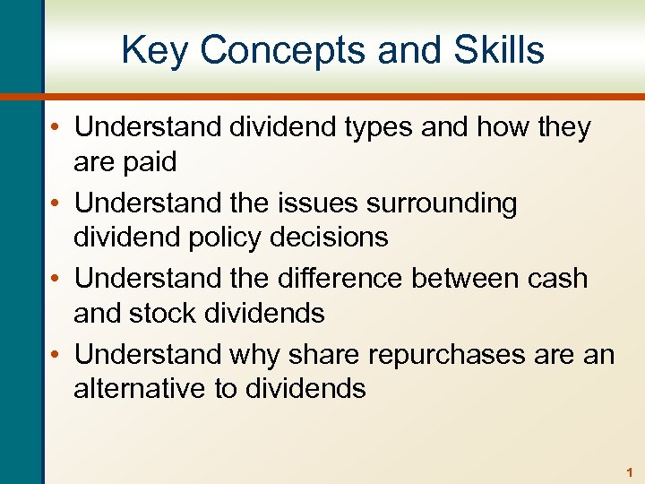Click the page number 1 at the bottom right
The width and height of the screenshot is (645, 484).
(x=631, y=471)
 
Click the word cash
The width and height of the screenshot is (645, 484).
(x=560, y=279)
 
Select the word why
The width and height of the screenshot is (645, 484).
(x=254, y=355)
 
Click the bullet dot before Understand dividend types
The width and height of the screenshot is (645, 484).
(x=58, y=128)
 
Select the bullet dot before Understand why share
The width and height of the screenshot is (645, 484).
(x=58, y=355)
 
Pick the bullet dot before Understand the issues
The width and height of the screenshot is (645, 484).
(x=58, y=203)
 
